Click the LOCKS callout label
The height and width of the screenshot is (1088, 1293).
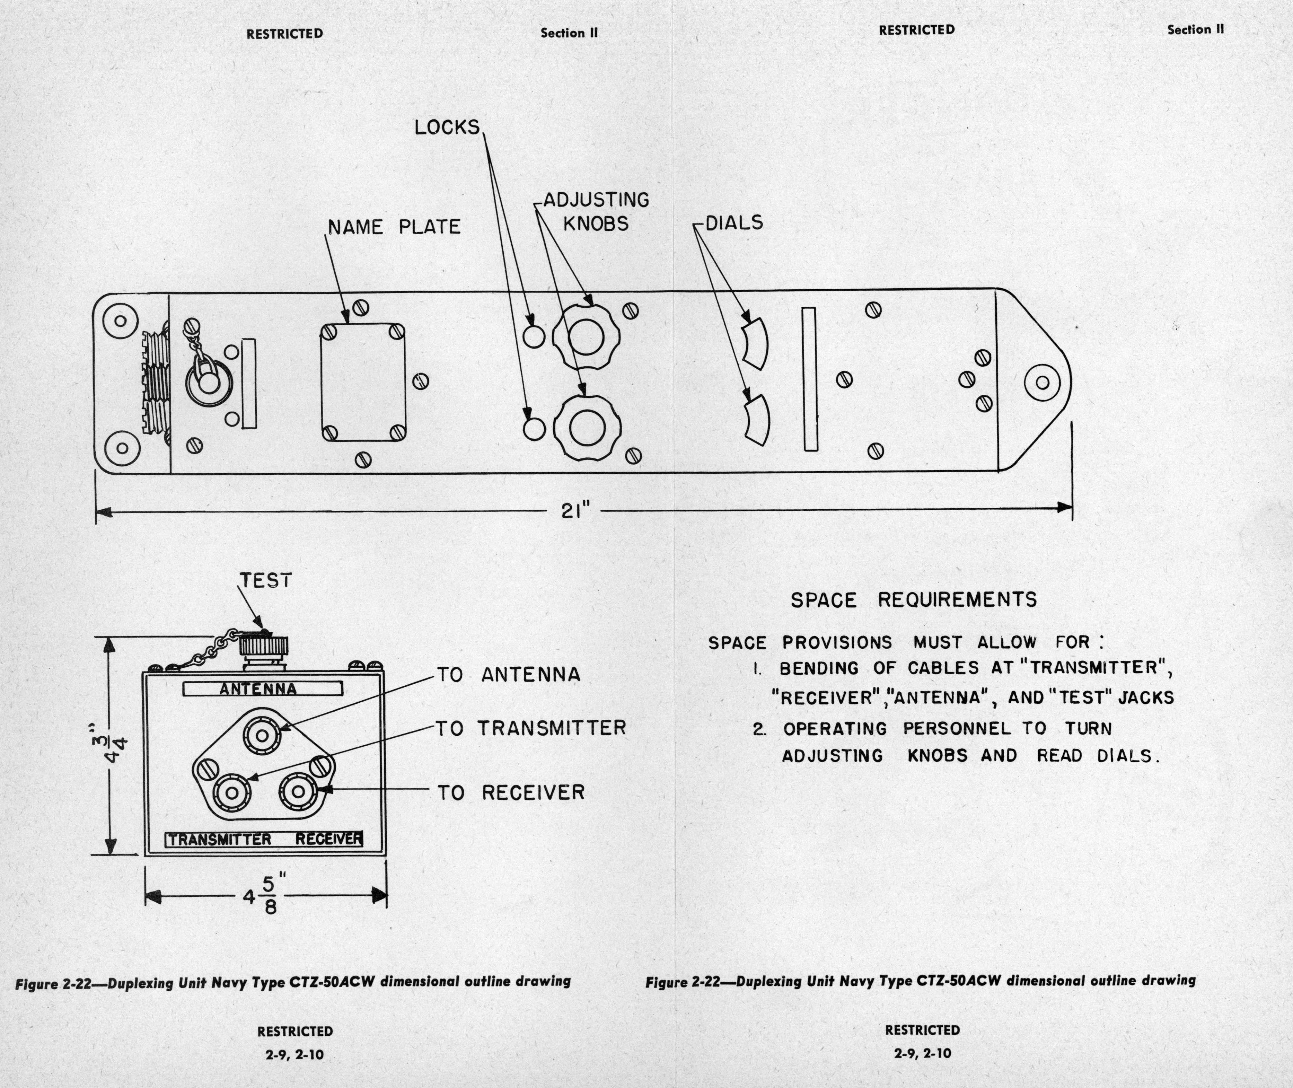pyautogui.click(x=446, y=127)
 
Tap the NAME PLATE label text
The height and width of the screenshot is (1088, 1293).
pyautogui.click(x=394, y=227)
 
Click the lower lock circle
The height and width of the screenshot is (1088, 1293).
pyautogui.click(x=534, y=428)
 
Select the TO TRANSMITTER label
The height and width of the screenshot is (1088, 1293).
pyautogui.click(x=531, y=728)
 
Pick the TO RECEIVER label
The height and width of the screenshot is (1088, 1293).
pyautogui.click(x=511, y=792)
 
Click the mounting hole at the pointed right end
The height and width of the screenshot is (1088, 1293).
pyautogui.click(x=1042, y=383)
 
